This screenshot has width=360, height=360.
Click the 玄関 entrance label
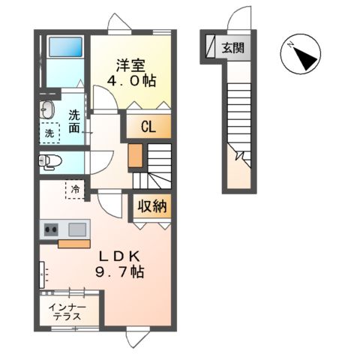tap(232, 48)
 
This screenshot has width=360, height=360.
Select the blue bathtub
tap(65, 47)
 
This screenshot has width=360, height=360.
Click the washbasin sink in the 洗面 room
tap(47, 109)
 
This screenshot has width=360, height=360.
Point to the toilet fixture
tap(50, 162)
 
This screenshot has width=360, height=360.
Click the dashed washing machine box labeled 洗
tap(49, 133)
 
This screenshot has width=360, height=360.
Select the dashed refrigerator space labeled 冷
tap(75, 189)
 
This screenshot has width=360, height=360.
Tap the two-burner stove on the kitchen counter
tap(51, 229)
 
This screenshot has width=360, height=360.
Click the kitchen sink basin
tap(77, 229)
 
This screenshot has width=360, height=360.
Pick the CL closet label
tap(148, 127)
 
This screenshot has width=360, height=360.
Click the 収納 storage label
tap(152, 206)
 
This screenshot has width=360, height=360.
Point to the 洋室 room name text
tap(130, 65)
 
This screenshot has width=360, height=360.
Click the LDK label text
tap(119, 256)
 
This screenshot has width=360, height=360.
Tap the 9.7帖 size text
tap(119, 271)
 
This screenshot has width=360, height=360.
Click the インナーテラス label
tap(67, 312)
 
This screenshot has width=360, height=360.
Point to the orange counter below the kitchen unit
tap(74, 244)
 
